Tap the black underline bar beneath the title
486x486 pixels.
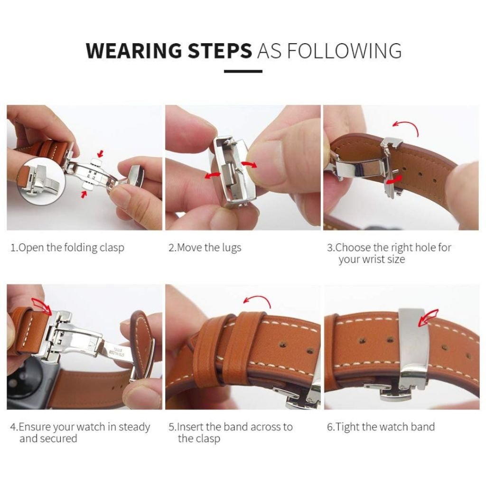243,72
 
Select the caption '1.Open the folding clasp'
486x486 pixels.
67,248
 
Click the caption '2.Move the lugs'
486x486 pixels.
205,248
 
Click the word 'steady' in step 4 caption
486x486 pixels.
134,427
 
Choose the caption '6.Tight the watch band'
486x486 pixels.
381,427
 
